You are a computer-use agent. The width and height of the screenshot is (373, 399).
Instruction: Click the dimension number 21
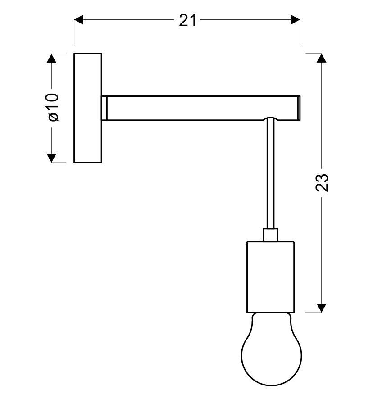pos(188,20)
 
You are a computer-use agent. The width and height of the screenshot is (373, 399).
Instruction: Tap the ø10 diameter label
pos(53,107)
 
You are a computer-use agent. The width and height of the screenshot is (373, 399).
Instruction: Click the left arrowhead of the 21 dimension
pos(79,20)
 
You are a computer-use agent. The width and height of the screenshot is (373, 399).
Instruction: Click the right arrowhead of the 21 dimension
pos(296,20)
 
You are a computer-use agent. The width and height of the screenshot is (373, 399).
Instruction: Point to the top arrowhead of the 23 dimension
pos(321,58)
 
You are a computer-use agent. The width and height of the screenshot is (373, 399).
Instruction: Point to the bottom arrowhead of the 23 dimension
pos(321,308)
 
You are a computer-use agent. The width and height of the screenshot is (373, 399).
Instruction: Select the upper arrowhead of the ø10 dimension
pos(52,58)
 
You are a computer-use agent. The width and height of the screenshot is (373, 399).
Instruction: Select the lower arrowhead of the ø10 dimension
pos(52,158)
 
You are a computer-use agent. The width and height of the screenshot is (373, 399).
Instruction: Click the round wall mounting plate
pos(88,108)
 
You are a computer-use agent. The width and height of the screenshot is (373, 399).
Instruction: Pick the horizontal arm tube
pos(198,108)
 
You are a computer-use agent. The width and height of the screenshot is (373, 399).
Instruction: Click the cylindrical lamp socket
pos(270,277)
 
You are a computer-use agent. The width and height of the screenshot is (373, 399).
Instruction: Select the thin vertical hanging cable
pos(270,176)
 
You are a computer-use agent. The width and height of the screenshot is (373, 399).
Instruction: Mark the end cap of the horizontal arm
pos(299,108)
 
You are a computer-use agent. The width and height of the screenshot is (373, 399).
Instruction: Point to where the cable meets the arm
pos(270,119)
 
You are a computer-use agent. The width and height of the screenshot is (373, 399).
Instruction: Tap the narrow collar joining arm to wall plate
pos(104,108)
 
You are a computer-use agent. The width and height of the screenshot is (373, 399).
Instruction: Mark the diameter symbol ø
pos(53,117)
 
